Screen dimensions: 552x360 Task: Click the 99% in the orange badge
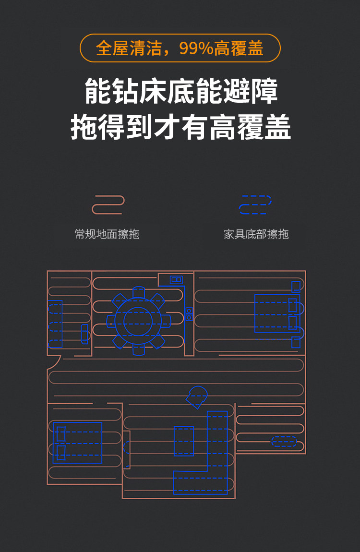[x=196, y=48]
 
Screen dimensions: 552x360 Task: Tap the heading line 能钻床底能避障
[x=180, y=92]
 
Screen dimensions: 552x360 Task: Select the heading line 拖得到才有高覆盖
[x=180, y=127]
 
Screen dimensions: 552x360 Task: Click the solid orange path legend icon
[x=108, y=204]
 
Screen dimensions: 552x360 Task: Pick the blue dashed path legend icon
[x=255, y=204]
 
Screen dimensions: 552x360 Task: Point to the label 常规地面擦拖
[x=107, y=234]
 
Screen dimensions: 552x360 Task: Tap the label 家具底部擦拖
[x=256, y=234]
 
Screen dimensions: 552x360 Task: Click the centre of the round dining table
[x=138, y=321]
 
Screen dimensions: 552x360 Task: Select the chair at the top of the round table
[x=139, y=292]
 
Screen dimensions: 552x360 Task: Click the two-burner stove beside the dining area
[x=189, y=314]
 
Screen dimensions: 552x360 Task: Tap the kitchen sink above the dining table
[x=176, y=280]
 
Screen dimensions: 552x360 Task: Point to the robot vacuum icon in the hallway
[x=197, y=396]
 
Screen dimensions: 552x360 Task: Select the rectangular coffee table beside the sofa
[x=184, y=441]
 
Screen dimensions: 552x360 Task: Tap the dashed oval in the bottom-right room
[x=284, y=442]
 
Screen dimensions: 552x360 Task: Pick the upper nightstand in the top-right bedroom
[x=296, y=287]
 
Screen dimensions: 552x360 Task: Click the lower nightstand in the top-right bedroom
[x=296, y=342]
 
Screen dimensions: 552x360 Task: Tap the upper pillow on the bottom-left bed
[x=61, y=434]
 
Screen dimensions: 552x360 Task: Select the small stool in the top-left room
[x=85, y=334]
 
